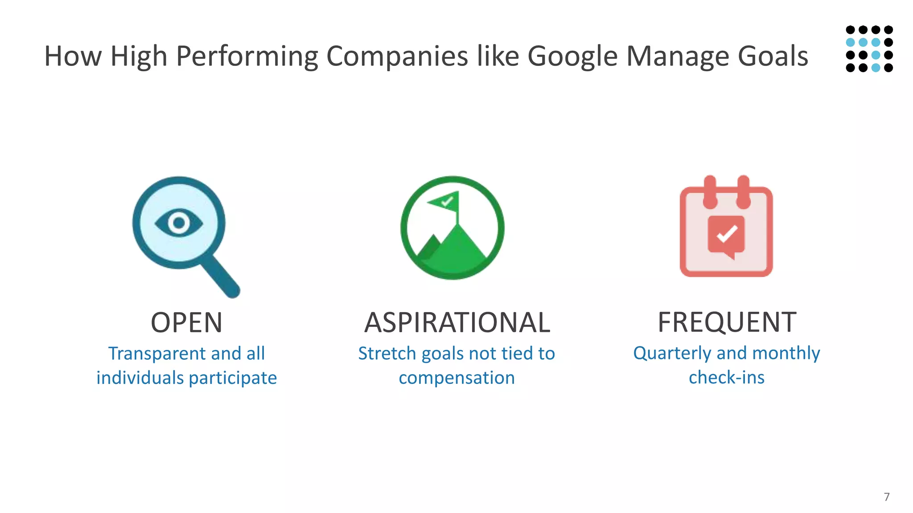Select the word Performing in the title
[247, 57]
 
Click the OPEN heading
[186, 322]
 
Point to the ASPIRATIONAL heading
[457, 322]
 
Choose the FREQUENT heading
[727, 322]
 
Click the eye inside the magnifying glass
[179, 223]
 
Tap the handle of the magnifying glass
[220, 276]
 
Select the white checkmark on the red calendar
[727, 234]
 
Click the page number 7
[887, 497]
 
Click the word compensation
[456, 378]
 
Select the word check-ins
[726, 377]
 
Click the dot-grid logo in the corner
[869, 49]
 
